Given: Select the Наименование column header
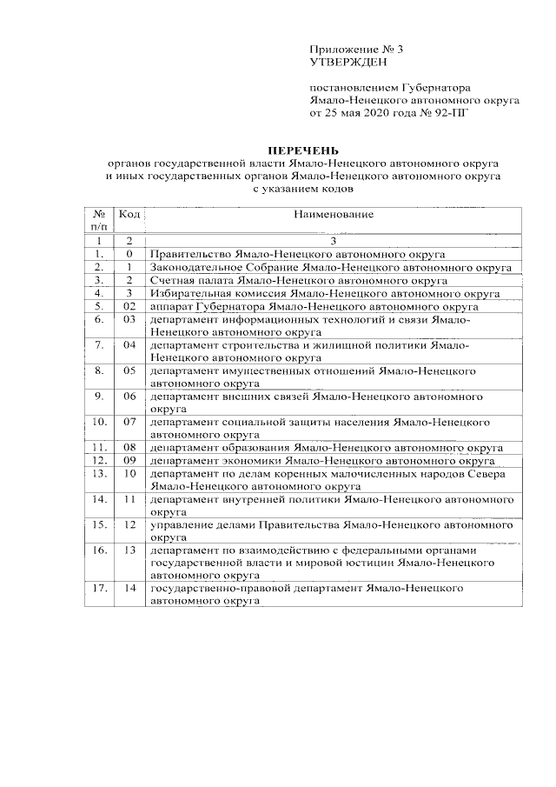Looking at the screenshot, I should pyautogui.click(x=334, y=214).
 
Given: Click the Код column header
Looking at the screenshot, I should pyautogui.click(x=129, y=214).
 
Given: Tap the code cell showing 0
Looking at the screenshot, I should pyautogui.click(x=129, y=253).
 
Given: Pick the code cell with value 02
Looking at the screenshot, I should pyautogui.click(x=129, y=306).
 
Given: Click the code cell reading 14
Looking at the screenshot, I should pyautogui.click(x=130, y=588).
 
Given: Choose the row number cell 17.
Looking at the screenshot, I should pyautogui.click(x=99, y=588).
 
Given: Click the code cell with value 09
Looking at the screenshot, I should pyautogui.click(x=129, y=459).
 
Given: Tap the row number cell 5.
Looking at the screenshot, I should pyautogui.click(x=100, y=306).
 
